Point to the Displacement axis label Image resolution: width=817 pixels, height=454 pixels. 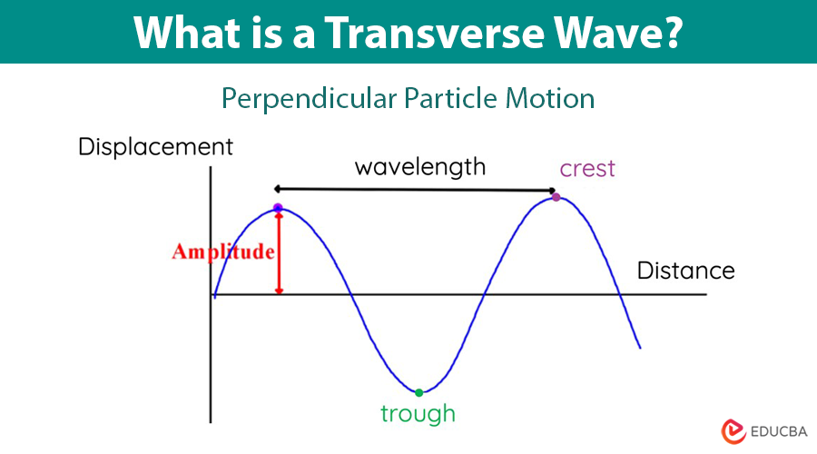click(x=155, y=146)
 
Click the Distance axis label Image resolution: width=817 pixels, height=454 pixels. click(x=685, y=271)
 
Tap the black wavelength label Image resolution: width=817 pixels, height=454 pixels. click(x=419, y=167)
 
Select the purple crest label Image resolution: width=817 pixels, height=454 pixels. click(x=587, y=168)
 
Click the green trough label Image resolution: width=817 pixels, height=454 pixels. click(x=418, y=415)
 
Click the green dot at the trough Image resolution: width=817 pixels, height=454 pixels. click(x=418, y=392)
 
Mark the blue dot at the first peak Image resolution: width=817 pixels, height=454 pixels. click(x=278, y=208)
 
